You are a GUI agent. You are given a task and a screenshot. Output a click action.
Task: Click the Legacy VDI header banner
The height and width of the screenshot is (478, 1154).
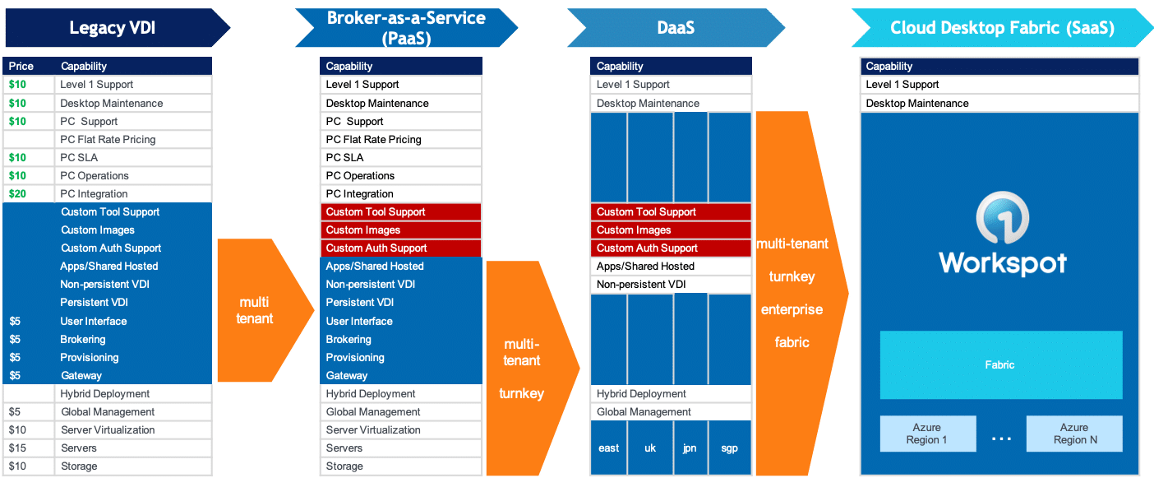coord(112,28)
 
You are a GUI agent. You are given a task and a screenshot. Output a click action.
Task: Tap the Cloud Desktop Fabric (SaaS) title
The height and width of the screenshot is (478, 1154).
coord(1002,28)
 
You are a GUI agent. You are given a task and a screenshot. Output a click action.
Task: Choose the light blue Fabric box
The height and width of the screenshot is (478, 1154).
coord(1000,364)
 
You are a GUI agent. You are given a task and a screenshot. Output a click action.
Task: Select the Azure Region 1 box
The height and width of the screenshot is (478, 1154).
coord(928,434)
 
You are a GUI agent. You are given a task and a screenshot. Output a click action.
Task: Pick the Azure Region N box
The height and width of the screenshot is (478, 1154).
coord(1073,434)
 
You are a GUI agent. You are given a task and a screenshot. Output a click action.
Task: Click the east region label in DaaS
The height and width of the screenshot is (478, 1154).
coord(609,448)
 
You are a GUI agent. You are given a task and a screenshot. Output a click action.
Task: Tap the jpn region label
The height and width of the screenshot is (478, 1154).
coord(690,448)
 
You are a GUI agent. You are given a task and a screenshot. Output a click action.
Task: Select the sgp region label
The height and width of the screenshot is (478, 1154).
coord(729,448)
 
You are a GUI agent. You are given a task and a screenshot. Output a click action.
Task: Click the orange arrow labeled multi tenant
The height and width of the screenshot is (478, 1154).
coord(255,310)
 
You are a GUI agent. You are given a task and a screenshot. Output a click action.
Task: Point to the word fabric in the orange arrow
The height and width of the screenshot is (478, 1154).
coord(792,342)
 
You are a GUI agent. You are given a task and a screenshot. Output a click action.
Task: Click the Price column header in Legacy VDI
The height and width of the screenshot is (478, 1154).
coord(21,66)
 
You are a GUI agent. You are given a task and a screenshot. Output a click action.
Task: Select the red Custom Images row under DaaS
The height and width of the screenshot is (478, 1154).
coord(670,230)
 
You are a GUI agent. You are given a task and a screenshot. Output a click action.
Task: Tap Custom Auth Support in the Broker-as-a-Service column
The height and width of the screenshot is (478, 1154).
coord(376,248)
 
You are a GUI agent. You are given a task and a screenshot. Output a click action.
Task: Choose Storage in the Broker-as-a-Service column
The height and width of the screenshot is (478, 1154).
coord(344,466)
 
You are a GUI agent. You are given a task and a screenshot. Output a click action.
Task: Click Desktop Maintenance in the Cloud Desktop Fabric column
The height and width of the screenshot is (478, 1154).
coord(916,103)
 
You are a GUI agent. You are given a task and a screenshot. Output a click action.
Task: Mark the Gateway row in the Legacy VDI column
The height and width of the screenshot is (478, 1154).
coord(81,375)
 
